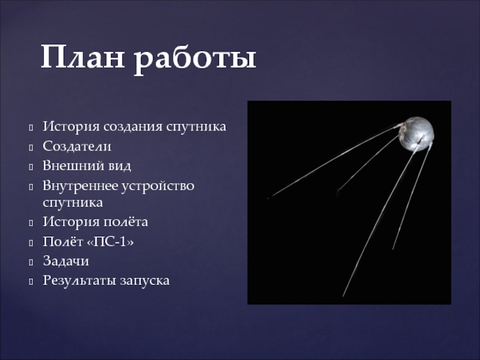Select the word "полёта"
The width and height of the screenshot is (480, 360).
(125, 223)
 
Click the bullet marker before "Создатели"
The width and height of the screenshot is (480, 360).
(31, 146)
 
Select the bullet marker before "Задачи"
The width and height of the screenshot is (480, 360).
(31, 262)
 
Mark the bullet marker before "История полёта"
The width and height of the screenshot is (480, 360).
(31, 223)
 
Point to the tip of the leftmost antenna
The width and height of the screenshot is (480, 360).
(269, 197)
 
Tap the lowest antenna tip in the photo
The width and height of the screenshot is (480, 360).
(343, 296)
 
